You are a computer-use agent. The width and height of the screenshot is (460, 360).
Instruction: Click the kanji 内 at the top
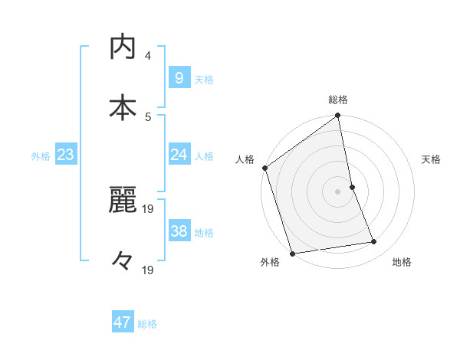click(x=122, y=47)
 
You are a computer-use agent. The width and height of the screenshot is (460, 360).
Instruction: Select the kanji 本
click(x=122, y=107)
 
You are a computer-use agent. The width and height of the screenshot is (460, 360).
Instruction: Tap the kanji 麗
click(x=122, y=202)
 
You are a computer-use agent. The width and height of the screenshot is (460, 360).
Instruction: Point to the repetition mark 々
click(x=122, y=263)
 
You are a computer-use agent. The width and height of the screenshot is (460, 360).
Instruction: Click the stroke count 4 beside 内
click(x=148, y=56)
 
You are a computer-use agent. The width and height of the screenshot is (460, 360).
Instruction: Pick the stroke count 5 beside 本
click(x=148, y=116)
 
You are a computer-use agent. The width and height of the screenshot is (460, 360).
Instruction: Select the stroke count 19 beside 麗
click(x=150, y=208)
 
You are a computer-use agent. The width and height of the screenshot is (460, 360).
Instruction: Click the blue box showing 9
click(x=179, y=77)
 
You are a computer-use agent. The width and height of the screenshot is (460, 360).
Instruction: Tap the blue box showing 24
click(x=179, y=155)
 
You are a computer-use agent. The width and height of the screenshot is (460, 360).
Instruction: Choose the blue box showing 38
click(x=179, y=231)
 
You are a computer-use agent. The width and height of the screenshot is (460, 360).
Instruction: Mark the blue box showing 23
click(x=66, y=155)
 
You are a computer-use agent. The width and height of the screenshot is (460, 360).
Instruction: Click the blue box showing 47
click(x=123, y=322)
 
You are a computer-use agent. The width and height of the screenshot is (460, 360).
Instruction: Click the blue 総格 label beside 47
click(x=147, y=324)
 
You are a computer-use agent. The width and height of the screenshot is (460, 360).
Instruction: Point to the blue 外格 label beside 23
click(x=41, y=156)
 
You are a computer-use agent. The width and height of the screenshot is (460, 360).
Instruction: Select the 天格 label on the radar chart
click(x=432, y=159)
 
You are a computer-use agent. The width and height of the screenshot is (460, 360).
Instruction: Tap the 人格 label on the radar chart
click(x=245, y=159)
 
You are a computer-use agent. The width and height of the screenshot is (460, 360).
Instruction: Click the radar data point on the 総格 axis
click(x=338, y=116)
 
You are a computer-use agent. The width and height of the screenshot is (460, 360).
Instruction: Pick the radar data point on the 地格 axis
click(x=374, y=242)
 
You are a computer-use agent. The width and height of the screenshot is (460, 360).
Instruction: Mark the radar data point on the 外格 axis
click(x=292, y=252)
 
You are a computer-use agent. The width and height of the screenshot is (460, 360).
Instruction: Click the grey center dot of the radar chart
click(x=338, y=191)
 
